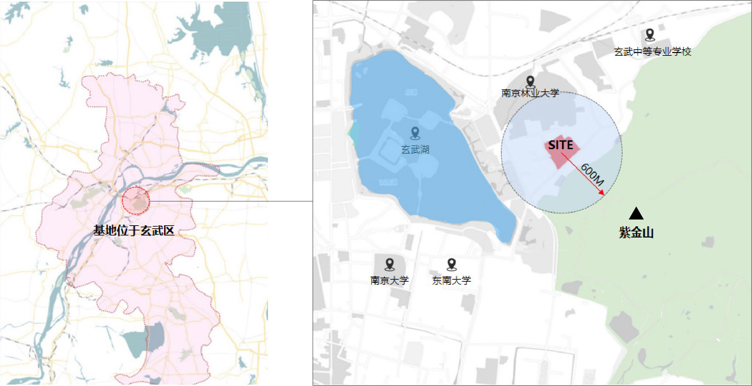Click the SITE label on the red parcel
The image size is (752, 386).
pos(560,145)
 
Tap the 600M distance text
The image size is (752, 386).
pos(592,175)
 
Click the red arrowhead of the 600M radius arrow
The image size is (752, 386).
pos(602,193)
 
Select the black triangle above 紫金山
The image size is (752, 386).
pos(636,214)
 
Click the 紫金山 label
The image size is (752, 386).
pos(636,233)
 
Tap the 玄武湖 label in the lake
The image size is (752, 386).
pos(415,150)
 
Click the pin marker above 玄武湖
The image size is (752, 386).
pos(415,133)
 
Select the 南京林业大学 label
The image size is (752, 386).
pos(530,93)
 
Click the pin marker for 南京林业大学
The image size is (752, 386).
pos(530,81)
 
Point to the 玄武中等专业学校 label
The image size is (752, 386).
pos(652,52)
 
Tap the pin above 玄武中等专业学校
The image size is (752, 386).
pos(650,34)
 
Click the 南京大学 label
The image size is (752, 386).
pos(389,280)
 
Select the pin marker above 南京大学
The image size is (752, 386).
pos(390,264)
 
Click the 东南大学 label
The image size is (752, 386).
pos(451,280)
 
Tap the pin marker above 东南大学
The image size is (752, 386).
pos(451,264)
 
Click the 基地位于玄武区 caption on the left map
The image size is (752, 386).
pos(133,231)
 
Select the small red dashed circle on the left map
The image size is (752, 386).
pos(136,200)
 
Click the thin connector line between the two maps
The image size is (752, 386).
pos(231,201)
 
